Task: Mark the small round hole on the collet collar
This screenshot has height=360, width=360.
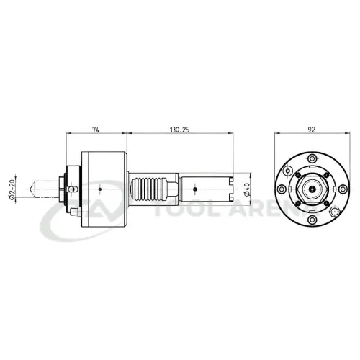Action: tap(71, 188)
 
